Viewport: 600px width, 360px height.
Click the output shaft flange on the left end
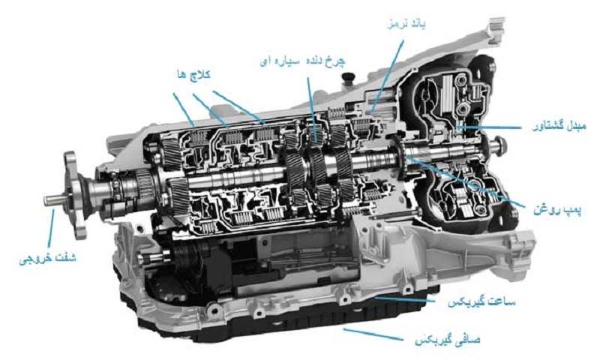click(74, 190)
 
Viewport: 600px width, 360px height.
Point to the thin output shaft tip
click(52, 200)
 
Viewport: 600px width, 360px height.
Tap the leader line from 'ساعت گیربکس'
click(409, 300)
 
